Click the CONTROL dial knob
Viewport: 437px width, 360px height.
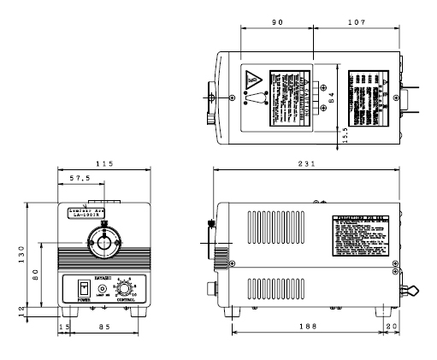point(126,288)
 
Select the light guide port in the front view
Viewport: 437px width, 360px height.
point(104,244)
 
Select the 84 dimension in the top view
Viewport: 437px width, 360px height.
point(334,98)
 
